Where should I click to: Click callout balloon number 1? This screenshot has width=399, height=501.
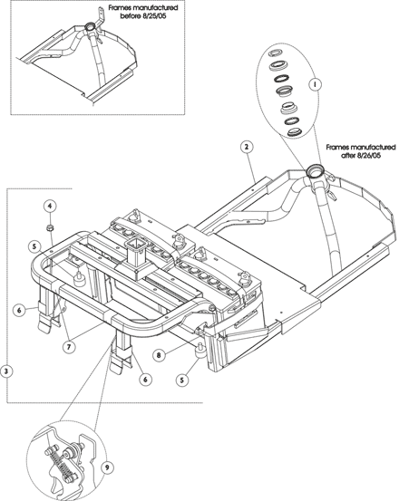(315, 84)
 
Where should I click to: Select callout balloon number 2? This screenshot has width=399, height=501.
(246, 147)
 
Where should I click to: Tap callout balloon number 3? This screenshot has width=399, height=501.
(6, 371)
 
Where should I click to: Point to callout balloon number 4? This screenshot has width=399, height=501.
(50, 206)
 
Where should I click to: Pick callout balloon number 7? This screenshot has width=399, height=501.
(69, 347)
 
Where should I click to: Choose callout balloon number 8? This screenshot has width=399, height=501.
(159, 354)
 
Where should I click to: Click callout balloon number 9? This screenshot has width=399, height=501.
(107, 467)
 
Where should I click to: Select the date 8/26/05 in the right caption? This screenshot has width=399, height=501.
(366, 157)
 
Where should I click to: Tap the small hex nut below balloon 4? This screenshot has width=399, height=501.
(50, 227)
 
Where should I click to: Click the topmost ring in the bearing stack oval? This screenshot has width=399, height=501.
(274, 53)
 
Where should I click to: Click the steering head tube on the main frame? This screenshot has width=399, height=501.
(315, 172)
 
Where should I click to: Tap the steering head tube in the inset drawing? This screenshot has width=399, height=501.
(90, 26)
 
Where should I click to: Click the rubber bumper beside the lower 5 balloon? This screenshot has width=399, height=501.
(201, 352)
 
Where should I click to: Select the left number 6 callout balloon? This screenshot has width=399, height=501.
(19, 309)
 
